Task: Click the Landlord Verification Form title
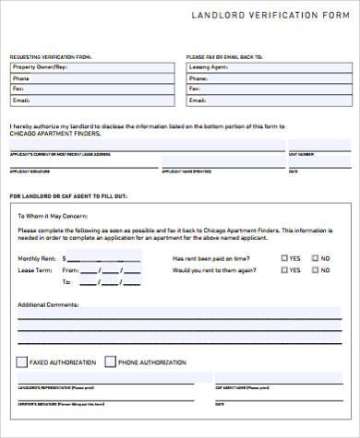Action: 273,16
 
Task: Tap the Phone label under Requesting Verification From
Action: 21,78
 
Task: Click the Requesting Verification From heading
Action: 51,56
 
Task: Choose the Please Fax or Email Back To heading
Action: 223,56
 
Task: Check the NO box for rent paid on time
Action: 315,259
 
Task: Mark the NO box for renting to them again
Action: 315,271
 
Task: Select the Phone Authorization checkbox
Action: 111,361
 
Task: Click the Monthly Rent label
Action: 36,259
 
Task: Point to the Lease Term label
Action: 32,271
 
